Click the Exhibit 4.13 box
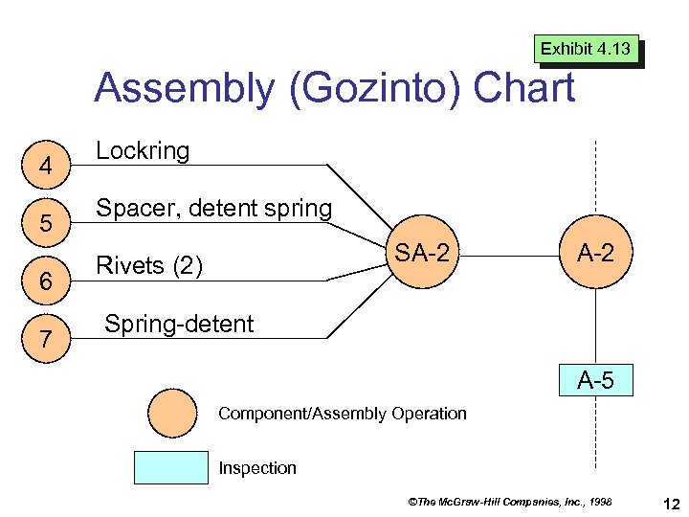point(587,49)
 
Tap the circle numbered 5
point(44,224)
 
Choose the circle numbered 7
point(44,338)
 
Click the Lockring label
point(143,150)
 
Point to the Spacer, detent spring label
point(214,208)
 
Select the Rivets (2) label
point(149,265)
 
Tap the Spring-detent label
point(179,324)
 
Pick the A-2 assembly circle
point(596,254)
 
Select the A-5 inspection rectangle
point(595,381)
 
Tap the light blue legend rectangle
point(169,467)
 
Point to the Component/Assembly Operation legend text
point(343,414)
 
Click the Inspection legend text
point(257,468)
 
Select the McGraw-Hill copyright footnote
point(510,501)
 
